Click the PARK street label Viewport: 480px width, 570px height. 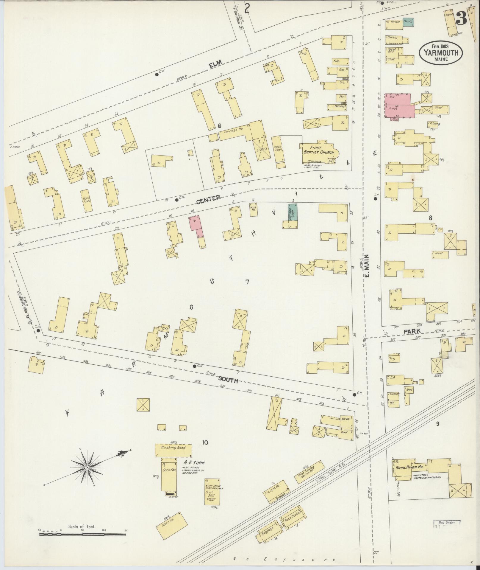[412, 331]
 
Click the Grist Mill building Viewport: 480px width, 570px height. [212, 492]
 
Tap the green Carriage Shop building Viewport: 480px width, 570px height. [293, 212]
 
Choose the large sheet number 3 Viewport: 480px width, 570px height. [461, 19]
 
